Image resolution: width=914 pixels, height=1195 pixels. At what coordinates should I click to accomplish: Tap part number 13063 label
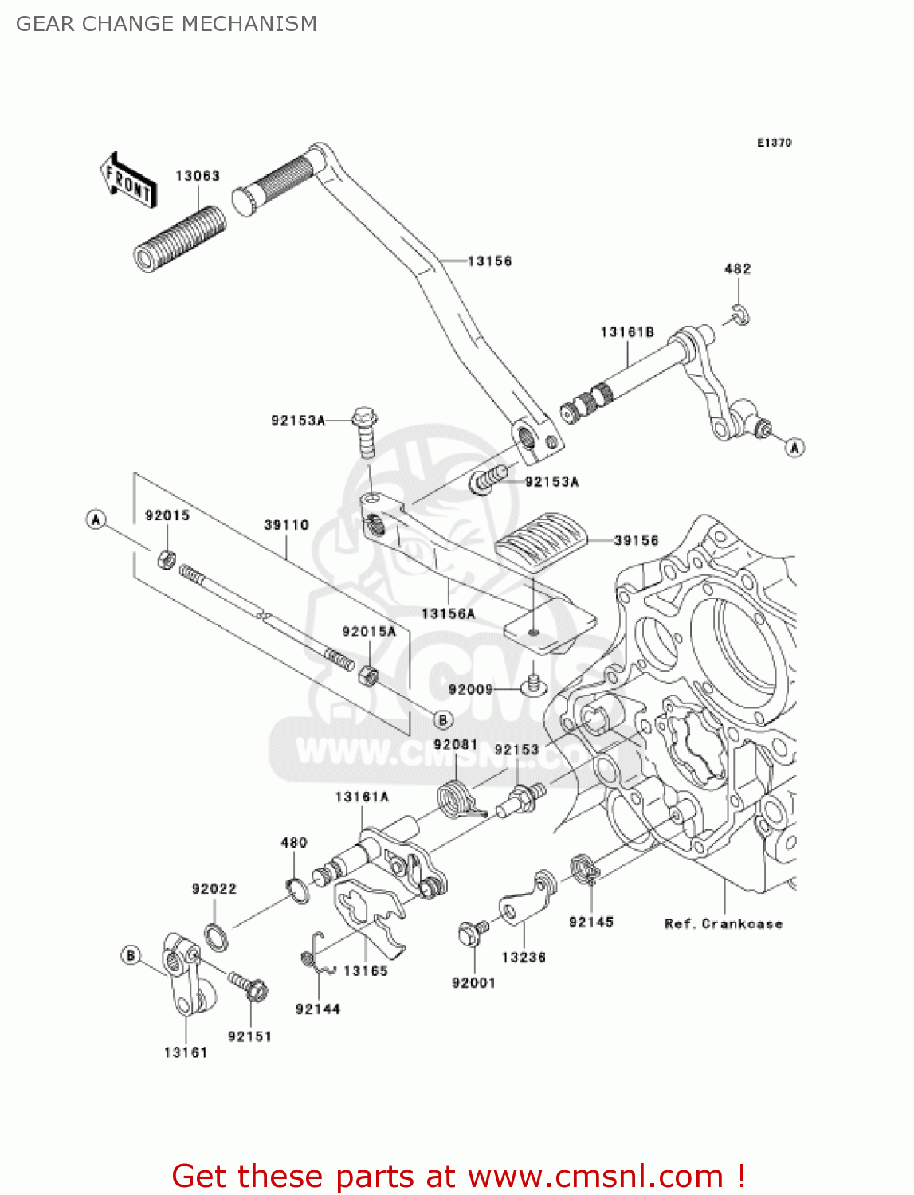[x=198, y=176]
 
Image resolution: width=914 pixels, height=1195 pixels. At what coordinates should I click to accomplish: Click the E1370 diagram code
[x=774, y=143]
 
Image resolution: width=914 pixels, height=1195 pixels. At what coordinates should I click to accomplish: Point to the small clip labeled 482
[x=740, y=315]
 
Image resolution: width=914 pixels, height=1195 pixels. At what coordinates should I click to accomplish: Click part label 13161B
[x=627, y=332]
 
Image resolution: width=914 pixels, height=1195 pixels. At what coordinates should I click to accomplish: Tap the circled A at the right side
[x=794, y=448]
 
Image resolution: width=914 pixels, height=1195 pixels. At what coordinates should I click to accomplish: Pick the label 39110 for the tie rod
[x=287, y=525]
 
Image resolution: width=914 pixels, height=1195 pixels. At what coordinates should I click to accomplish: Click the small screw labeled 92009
[x=534, y=684]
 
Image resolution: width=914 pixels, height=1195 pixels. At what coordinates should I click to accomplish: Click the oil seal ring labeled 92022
[x=216, y=936]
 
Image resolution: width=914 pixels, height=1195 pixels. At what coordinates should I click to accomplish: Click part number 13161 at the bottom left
[x=186, y=1052]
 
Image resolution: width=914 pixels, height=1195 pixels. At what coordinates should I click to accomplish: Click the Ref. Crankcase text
[x=724, y=924]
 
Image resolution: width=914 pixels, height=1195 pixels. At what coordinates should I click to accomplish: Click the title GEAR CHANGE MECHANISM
[x=167, y=24]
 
